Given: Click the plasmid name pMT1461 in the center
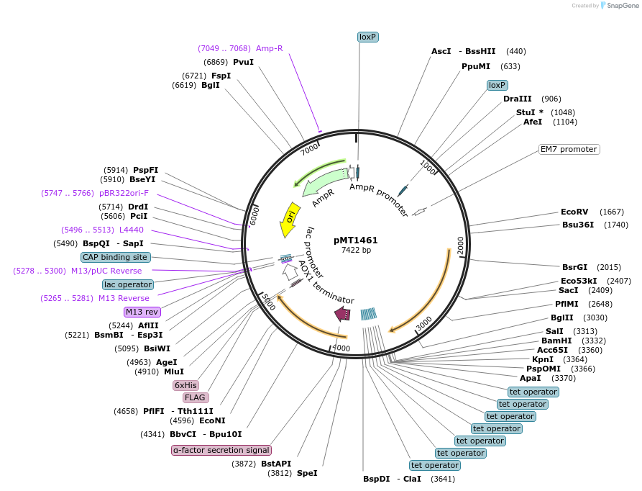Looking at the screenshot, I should coord(356,240).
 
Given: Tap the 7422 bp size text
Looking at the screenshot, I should coord(356,250).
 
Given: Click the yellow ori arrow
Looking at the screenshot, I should coord(289,219).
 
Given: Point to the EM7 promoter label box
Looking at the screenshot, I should coord(569,149).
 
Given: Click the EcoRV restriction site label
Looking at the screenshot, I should coord(574,212).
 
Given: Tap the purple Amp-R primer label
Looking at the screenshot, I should coord(269,48).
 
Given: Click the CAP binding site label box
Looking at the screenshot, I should coord(115,257).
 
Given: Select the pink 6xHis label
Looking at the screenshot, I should coord(185,385).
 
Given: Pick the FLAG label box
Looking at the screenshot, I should coord(194,397).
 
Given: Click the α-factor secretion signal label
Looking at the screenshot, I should coord(221,450).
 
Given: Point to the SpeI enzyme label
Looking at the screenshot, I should coord(307,473).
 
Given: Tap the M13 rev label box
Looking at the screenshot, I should coord(142,312).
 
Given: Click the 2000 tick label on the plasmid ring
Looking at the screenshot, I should coord(460,245).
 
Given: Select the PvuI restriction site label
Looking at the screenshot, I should coord(243,62).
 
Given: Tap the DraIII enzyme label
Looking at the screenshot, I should coord(517,99).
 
